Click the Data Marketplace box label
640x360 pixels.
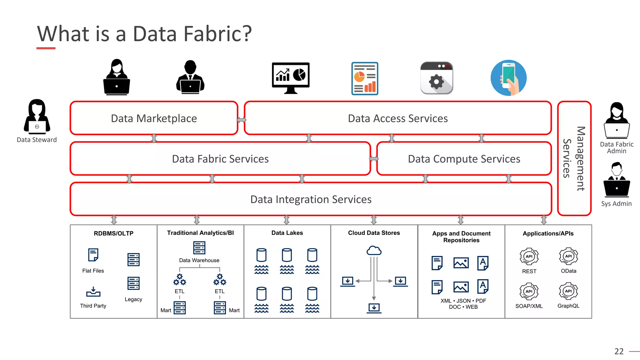[x=154, y=118]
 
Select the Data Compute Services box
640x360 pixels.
[x=464, y=159]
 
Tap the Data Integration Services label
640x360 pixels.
[x=311, y=199]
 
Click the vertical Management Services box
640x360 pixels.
[x=574, y=158]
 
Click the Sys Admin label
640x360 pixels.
[x=616, y=204]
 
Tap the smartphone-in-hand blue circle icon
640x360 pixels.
[x=508, y=78]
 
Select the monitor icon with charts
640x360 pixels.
[x=291, y=78]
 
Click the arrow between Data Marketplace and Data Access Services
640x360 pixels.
[x=241, y=120]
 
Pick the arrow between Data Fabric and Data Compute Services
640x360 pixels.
[x=374, y=159]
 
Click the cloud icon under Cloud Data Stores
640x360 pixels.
[x=374, y=251]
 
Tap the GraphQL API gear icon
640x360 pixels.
[x=568, y=291]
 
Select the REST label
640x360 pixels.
[x=529, y=271]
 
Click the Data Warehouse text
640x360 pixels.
[x=199, y=260]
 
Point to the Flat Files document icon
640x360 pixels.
[x=93, y=255]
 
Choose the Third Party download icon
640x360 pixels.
[x=93, y=292]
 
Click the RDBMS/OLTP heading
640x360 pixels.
[x=113, y=233]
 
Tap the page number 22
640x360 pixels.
[x=619, y=351]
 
